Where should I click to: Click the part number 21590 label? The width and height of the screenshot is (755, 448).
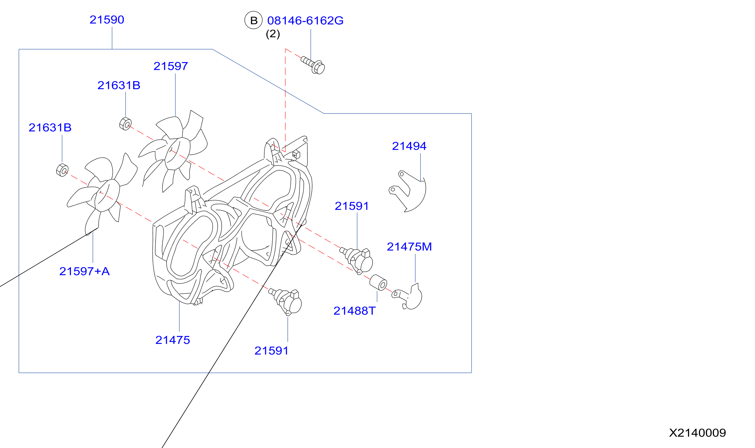pos(107,20)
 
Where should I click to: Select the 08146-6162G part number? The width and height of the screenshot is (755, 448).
pos(305,21)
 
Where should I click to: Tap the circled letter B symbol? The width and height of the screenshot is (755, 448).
pos(254,20)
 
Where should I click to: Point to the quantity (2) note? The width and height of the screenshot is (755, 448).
pos(273,34)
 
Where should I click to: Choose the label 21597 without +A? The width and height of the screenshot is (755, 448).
pos(171,66)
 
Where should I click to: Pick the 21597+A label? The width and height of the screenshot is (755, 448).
pos(85,272)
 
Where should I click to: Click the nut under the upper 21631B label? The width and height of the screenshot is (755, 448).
pos(126,124)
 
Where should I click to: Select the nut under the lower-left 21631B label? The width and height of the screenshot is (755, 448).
pos(62,170)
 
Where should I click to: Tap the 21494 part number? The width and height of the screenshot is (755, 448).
pos(409,146)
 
